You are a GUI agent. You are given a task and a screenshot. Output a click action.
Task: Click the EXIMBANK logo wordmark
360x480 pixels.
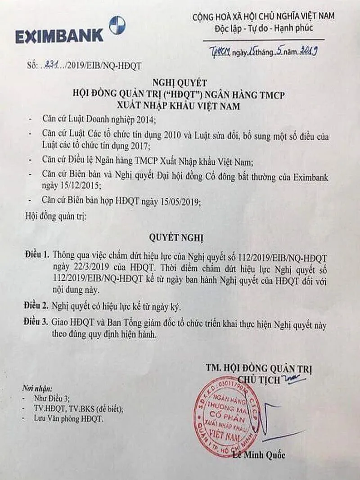(59, 36)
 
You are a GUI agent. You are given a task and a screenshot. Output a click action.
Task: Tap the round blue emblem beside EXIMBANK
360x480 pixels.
(117, 25)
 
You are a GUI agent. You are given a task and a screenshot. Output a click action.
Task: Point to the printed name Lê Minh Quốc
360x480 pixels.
(259, 455)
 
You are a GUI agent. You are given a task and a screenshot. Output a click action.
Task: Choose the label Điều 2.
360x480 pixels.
(37, 307)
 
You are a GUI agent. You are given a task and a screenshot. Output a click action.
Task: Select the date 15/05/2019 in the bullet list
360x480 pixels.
(177, 202)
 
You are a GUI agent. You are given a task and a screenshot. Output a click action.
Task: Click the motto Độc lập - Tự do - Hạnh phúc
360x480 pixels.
(264, 28)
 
